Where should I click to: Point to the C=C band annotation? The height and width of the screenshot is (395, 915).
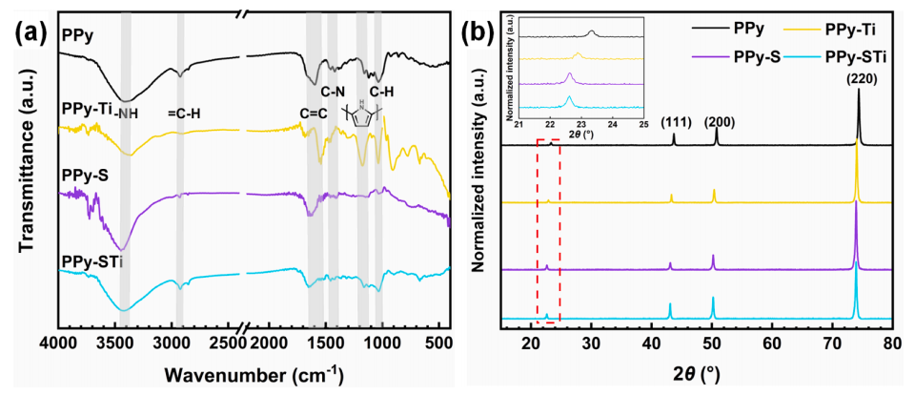click(x=314, y=116)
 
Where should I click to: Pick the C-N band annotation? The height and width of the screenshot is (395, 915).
click(x=332, y=93)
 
